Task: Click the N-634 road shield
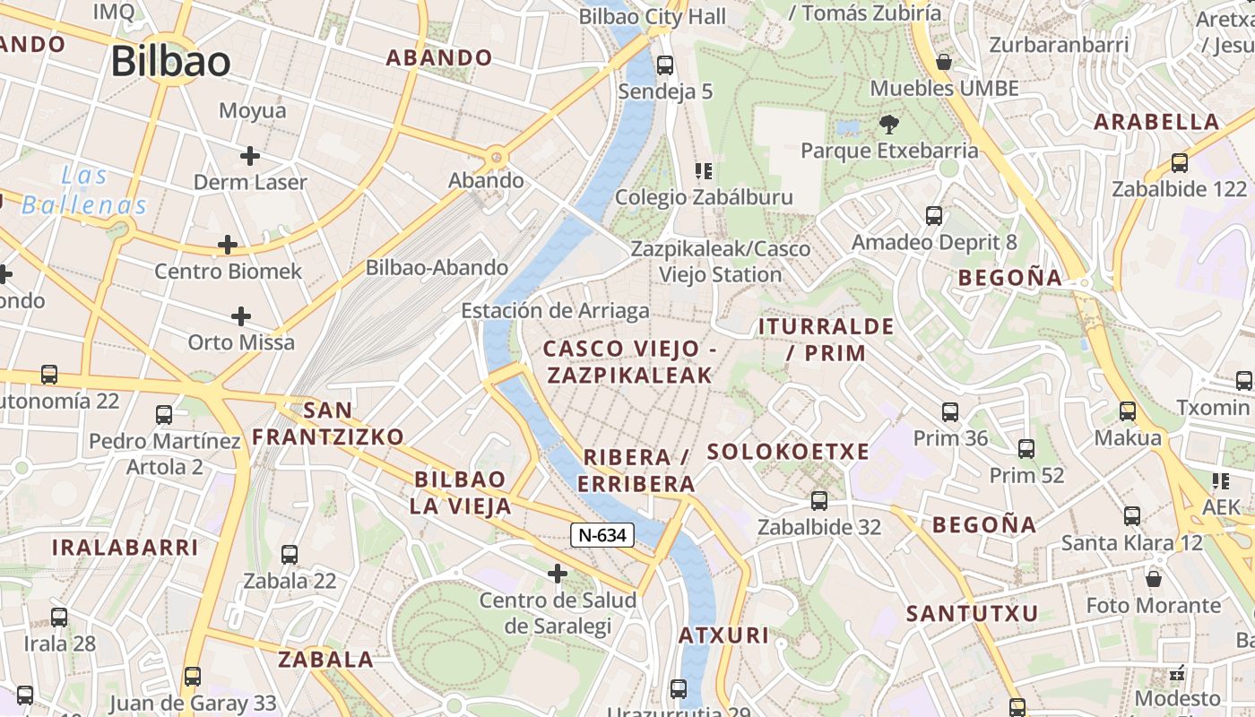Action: point(602,535)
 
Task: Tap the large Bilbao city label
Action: point(170,61)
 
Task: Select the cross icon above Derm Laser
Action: point(250,156)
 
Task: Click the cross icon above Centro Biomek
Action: point(228,245)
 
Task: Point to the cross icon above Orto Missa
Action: point(240,316)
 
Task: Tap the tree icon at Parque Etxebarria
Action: point(889,124)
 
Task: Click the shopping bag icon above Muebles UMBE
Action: point(944,62)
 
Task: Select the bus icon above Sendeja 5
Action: point(664,65)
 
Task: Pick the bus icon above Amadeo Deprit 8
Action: point(934,216)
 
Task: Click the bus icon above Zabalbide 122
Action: point(1180,163)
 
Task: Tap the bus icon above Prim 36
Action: point(950,412)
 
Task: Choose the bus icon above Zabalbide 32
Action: point(819,501)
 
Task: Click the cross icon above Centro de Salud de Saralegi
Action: point(558,573)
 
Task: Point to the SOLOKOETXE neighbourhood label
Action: point(788,452)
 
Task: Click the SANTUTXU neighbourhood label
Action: point(972,614)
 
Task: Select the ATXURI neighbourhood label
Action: point(723,635)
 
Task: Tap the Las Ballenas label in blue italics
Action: point(84,190)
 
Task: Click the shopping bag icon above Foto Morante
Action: point(1154,579)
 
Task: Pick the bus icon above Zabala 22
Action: point(290,555)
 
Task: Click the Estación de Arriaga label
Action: point(555,311)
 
